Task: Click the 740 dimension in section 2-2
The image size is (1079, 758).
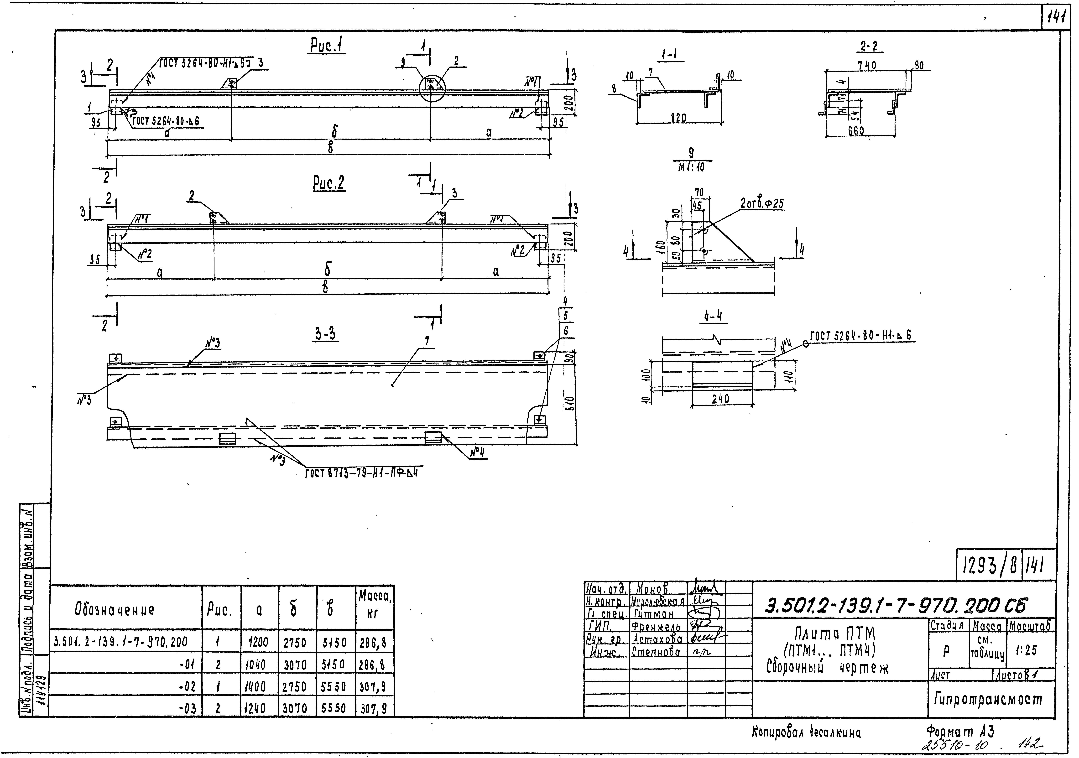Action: pyautogui.click(x=867, y=66)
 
